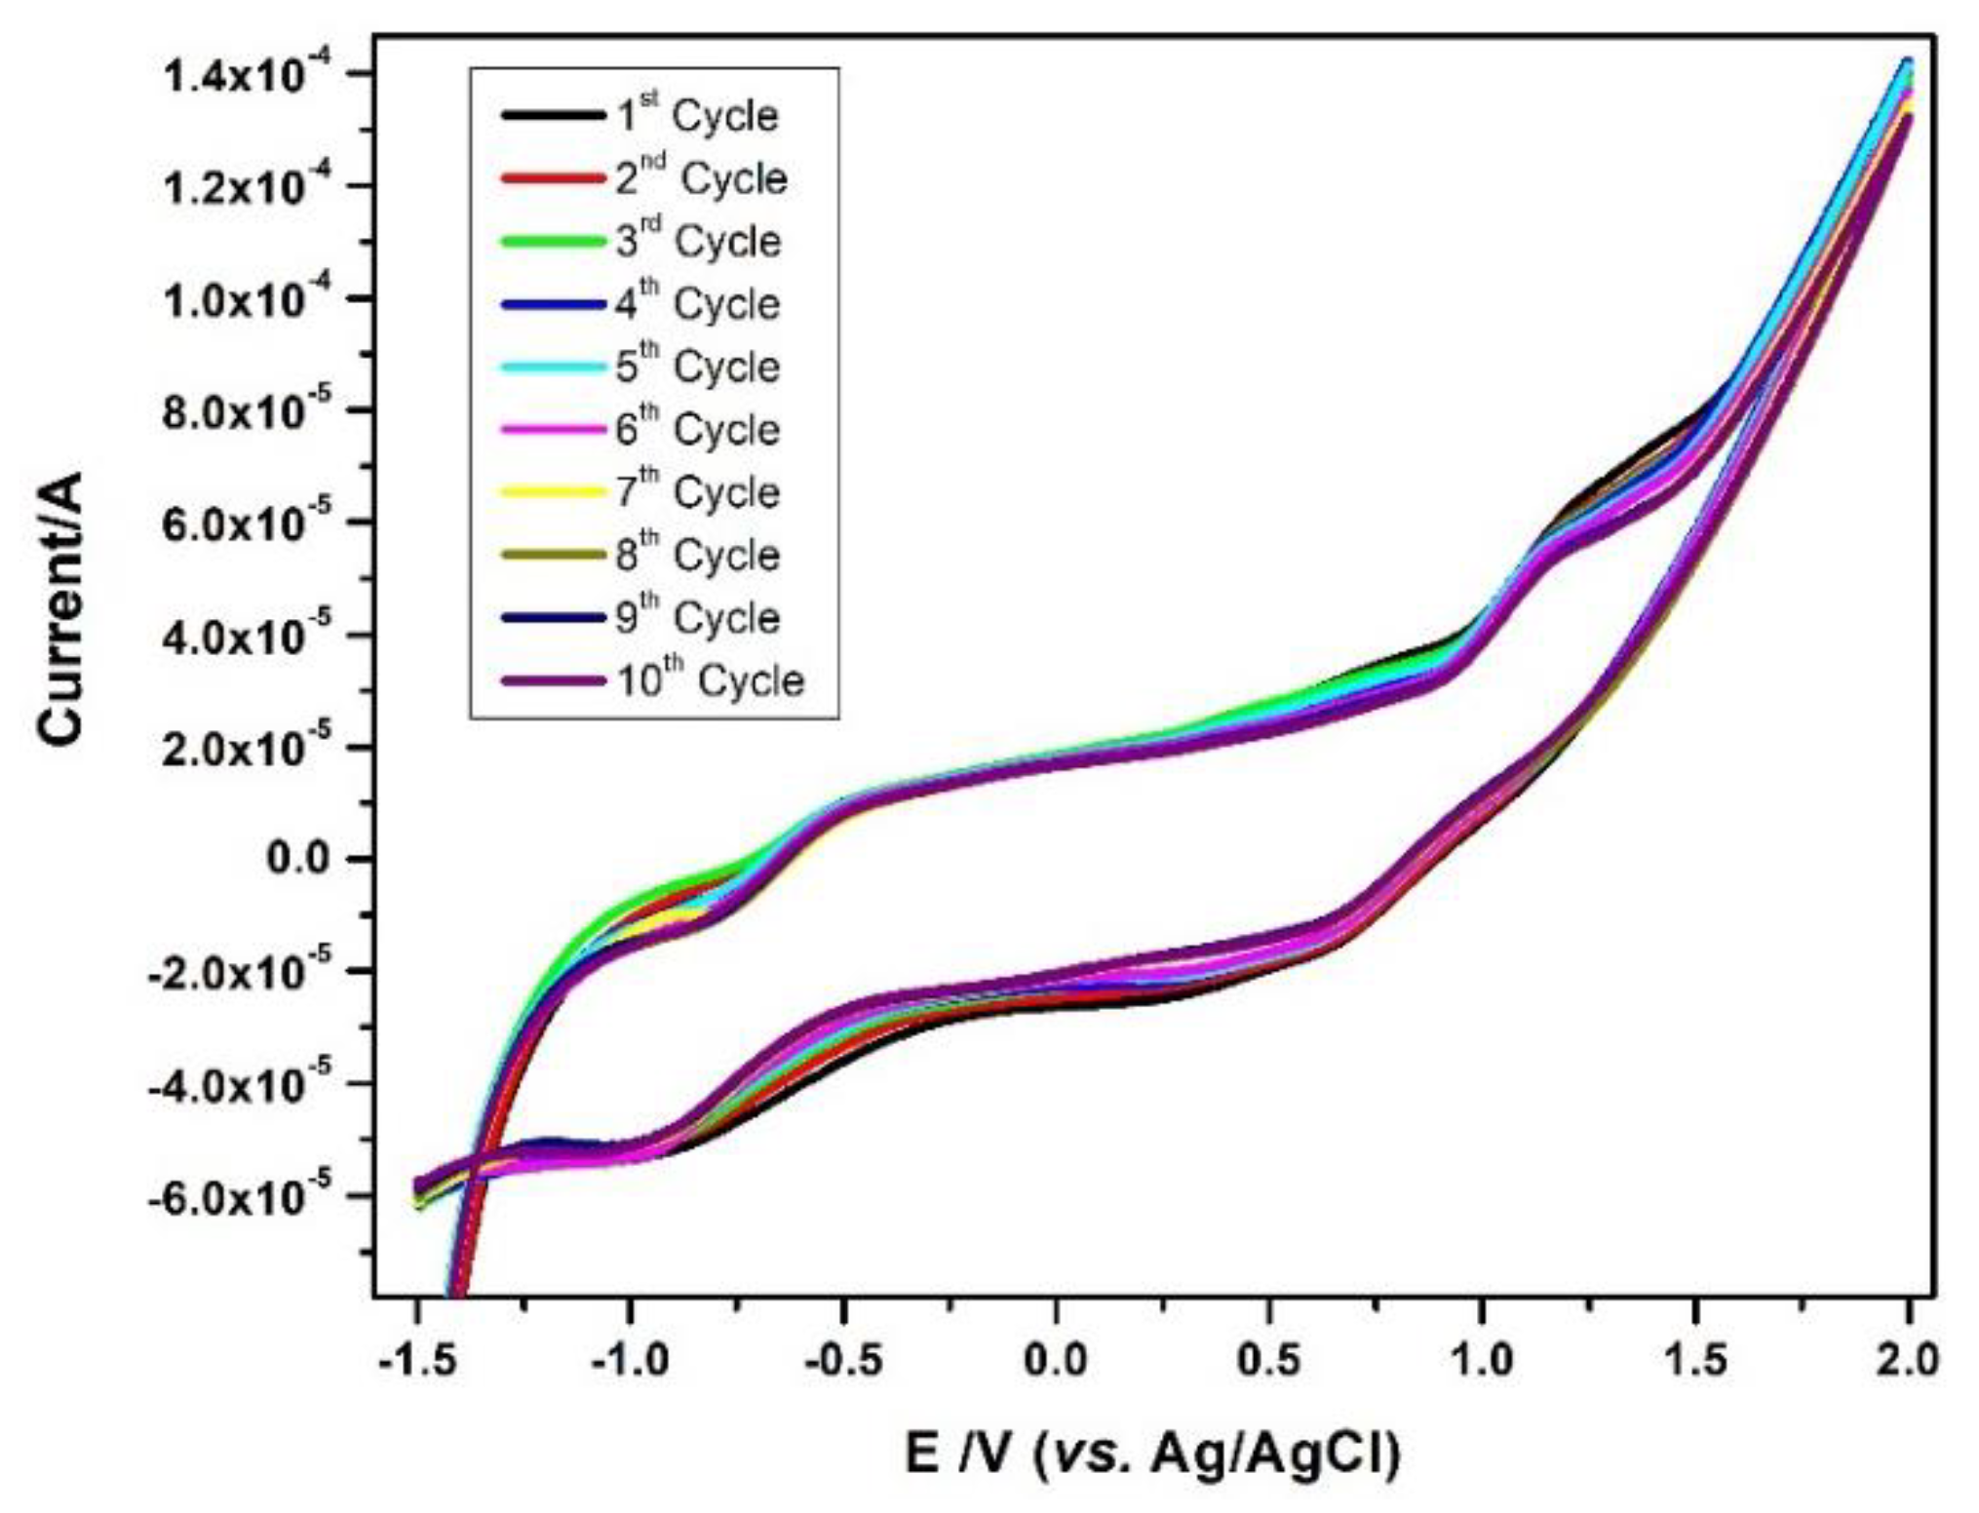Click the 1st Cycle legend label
(x=697, y=116)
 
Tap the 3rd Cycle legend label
(x=698, y=242)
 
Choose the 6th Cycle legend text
(x=697, y=430)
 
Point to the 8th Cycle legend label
(x=697, y=556)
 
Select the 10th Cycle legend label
(x=710, y=681)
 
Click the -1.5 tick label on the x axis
(x=416, y=1361)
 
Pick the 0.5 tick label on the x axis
(x=1268, y=1361)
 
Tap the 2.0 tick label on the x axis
(x=1908, y=1361)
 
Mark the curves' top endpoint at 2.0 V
(x=1908, y=64)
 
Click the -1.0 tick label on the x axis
(x=630, y=1361)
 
